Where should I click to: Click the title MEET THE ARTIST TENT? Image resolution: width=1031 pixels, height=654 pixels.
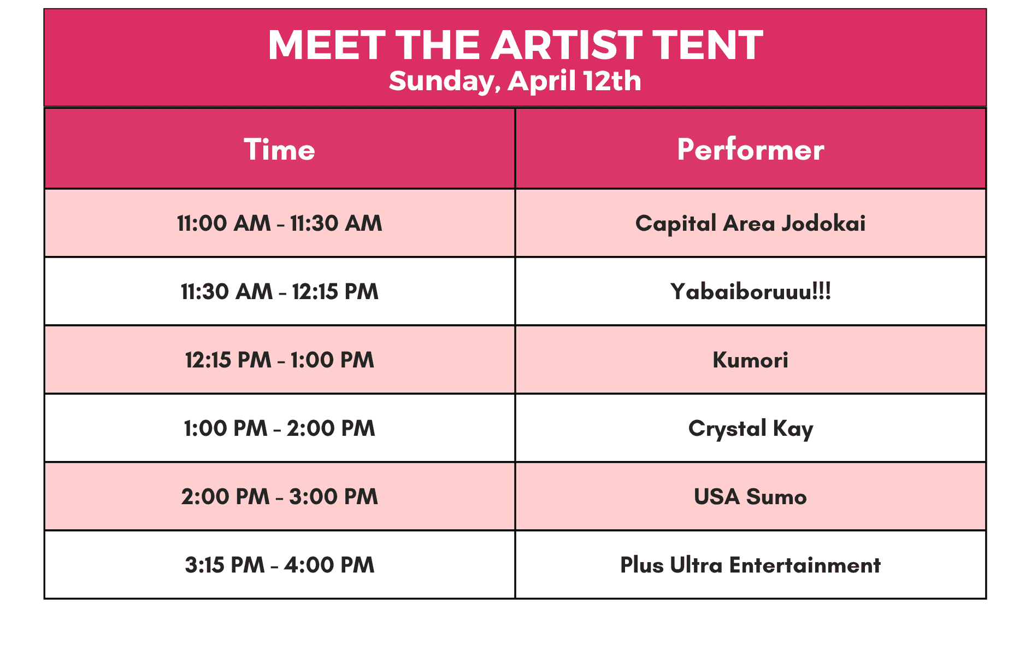coord(515,45)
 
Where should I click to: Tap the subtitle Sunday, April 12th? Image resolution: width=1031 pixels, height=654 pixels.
coord(515,81)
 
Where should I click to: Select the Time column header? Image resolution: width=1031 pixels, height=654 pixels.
coord(280,149)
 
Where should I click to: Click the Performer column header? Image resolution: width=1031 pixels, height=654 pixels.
coord(751,149)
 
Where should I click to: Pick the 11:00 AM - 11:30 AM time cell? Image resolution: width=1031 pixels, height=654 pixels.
coord(280,223)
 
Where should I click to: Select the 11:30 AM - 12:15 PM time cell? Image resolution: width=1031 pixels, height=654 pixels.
coord(280,291)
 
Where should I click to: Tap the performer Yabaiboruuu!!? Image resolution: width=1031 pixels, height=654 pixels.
coord(751,291)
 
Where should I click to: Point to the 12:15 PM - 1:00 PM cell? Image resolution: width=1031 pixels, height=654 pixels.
coord(280,360)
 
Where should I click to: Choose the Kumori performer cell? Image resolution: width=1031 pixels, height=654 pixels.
coord(751,360)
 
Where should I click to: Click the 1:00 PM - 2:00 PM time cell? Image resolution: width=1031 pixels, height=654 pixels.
coord(280,428)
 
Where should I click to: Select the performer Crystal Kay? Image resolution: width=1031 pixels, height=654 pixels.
coord(751,429)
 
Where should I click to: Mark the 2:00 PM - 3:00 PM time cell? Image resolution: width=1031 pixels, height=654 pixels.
coord(280,497)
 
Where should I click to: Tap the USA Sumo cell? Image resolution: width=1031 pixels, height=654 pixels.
coord(751,497)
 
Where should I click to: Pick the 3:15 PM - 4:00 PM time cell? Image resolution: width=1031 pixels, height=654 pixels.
coord(280,565)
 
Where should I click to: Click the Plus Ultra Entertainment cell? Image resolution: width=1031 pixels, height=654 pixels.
coord(751,565)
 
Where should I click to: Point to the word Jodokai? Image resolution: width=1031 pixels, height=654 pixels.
coord(823,224)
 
